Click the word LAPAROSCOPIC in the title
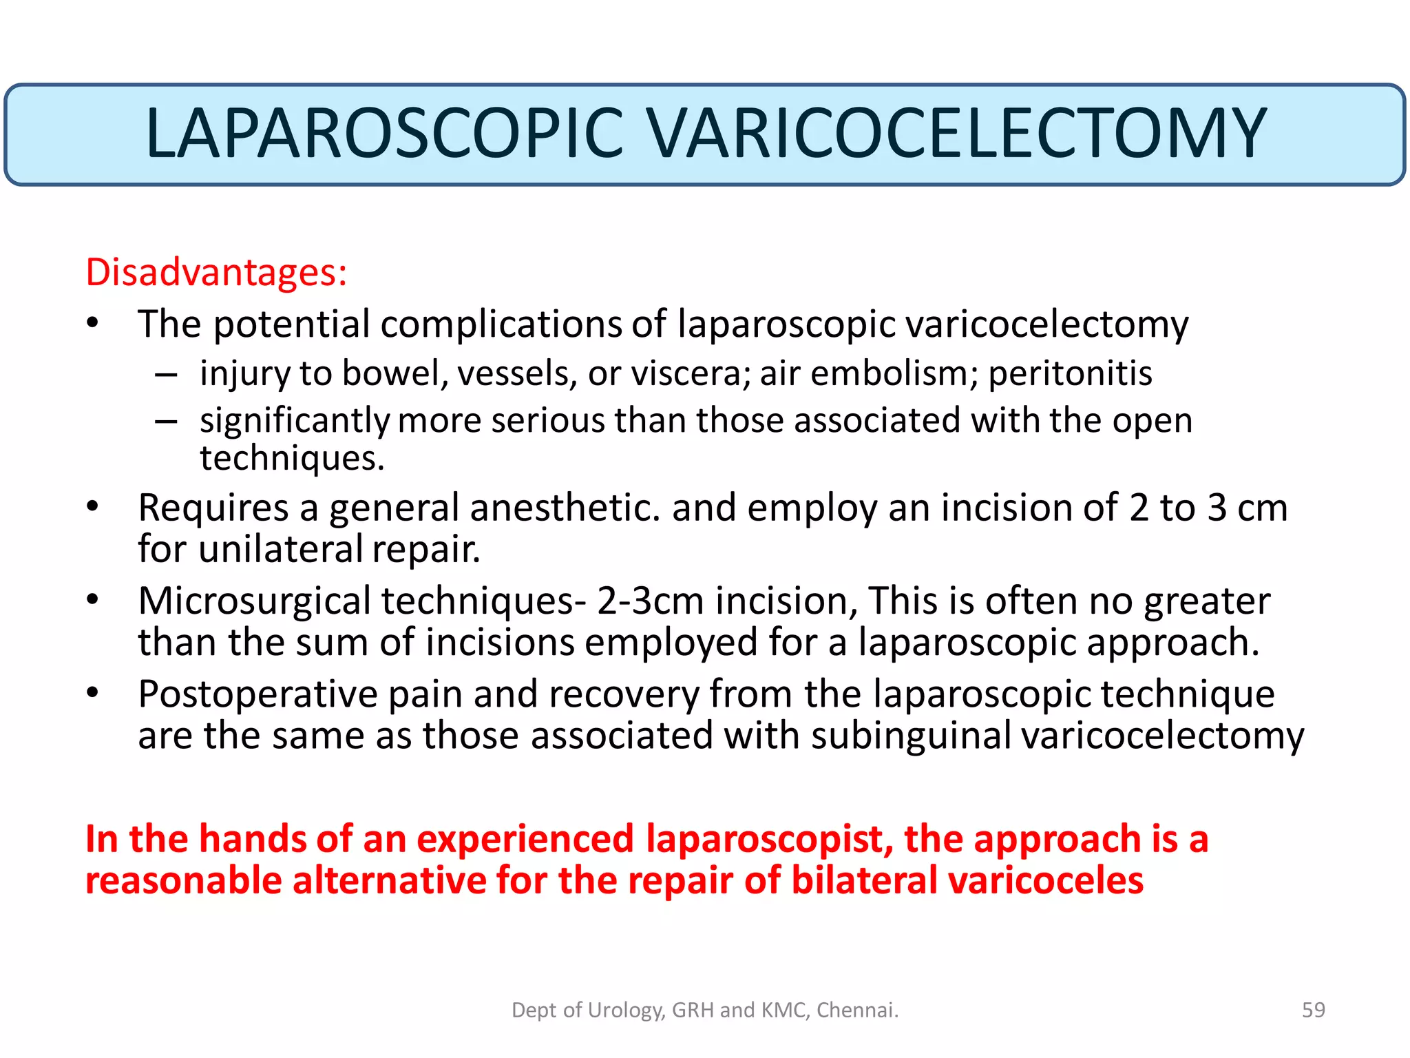coord(384,134)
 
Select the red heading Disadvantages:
coord(216,272)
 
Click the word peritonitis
coord(1070,373)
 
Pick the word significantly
coord(295,421)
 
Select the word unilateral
coord(280,550)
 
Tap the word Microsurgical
coord(255,601)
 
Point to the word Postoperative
coord(257,694)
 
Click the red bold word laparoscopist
coord(769,839)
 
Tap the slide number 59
coord(1313,1010)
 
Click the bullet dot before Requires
coord(93,508)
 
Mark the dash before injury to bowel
coord(166,375)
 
